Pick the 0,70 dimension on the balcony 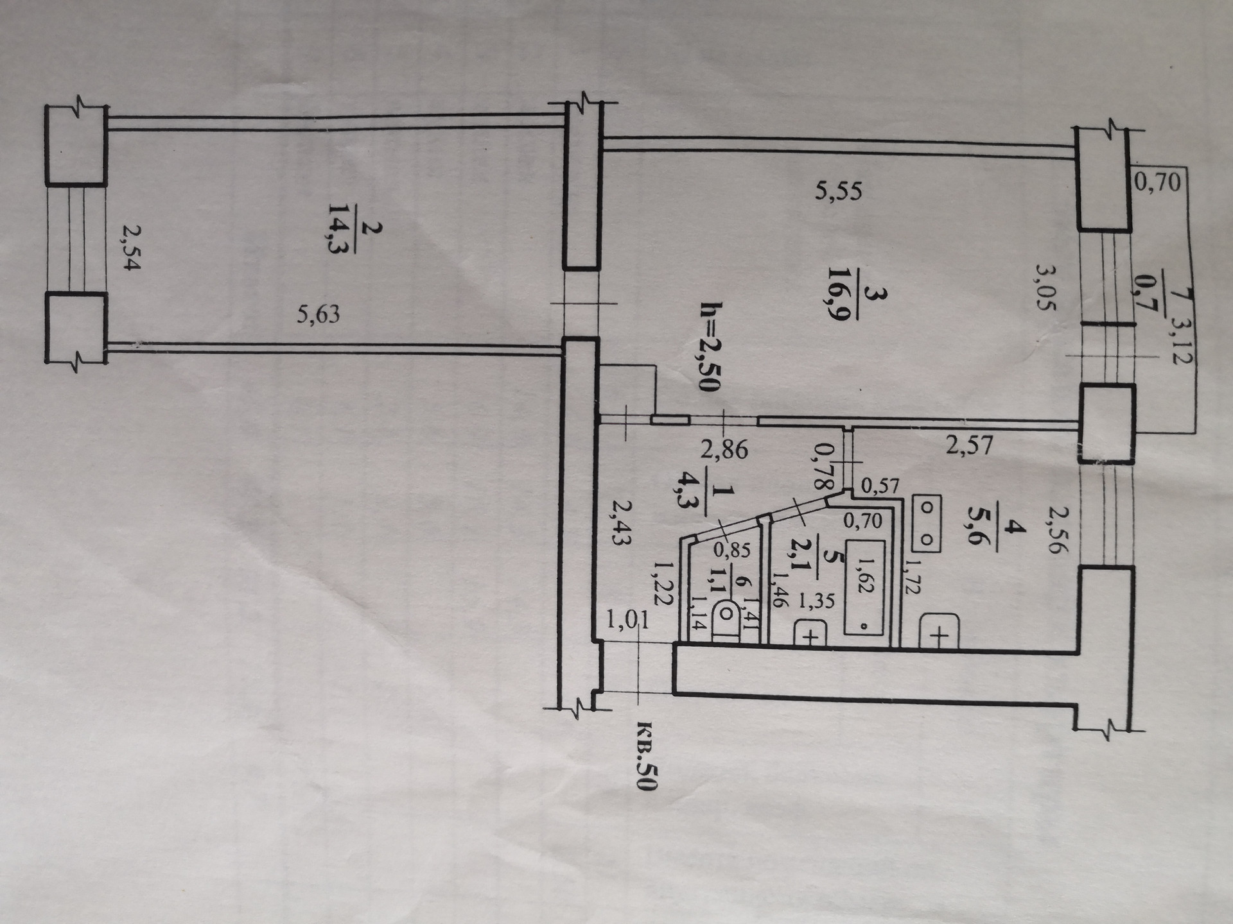point(1157,183)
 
